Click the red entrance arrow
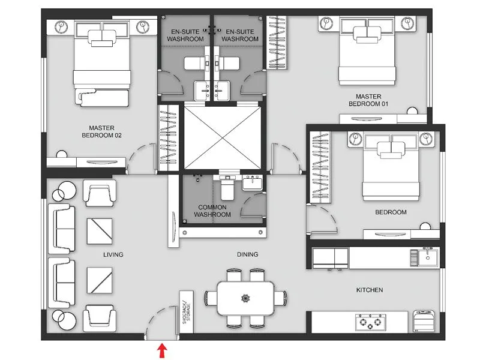161,350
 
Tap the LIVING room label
113,255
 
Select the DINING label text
247,255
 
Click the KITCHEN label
370,290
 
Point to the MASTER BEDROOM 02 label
101,131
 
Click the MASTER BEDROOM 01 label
368,100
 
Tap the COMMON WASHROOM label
212,211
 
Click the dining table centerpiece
244,298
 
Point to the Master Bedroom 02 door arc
139,157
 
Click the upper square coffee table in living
100,228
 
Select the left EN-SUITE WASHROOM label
185,35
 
